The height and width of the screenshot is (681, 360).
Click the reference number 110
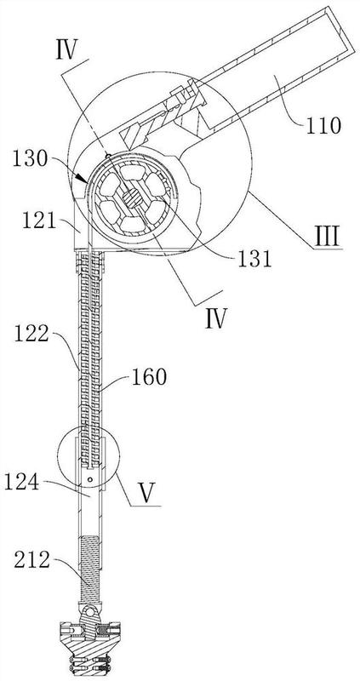point(322,126)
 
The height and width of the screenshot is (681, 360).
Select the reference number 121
point(40,222)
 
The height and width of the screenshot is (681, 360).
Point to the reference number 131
point(254,260)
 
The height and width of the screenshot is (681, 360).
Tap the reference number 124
point(22,483)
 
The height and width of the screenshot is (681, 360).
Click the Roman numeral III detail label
point(328,237)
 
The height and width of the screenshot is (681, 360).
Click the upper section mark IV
point(66,51)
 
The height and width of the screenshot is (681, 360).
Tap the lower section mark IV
point(216,319)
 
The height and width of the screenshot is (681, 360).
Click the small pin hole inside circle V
point(90,479)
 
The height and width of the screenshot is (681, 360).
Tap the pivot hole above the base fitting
point(91,612)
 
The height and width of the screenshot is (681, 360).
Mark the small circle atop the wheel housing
point(106,154)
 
